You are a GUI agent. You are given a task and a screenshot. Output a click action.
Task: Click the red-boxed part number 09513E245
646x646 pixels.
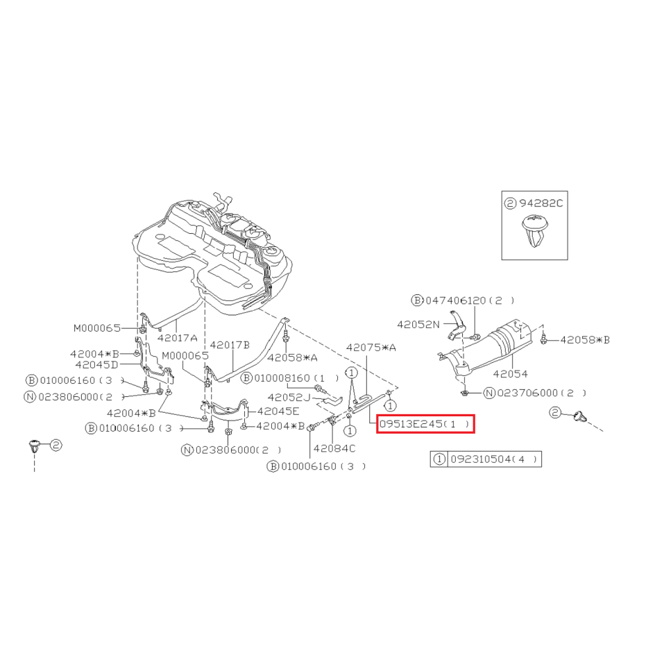click(411, 424)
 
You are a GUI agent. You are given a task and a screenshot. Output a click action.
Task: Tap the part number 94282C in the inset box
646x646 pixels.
click(541, 203)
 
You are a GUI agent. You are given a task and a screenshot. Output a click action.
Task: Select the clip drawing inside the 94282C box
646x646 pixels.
click(535, 231)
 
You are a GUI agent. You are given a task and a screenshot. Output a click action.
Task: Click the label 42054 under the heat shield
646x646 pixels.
click(510, 374)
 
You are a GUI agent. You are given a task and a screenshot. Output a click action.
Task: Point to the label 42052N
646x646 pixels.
click(418, 325)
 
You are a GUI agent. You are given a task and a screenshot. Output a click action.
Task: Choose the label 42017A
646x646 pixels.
click(177, 338)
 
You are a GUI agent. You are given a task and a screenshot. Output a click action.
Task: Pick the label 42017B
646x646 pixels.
click(230, 345)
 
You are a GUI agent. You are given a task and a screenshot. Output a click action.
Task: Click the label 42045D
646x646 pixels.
click(96, 364)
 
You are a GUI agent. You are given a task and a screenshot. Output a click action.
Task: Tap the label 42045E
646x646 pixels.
click(278, 411)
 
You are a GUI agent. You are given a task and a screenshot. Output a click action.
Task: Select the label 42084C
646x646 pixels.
click(334, 448)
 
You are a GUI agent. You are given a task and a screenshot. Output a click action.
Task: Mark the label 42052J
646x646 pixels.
click(289, 398)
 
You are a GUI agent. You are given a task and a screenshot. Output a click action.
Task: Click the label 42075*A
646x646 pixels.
click(371, 348)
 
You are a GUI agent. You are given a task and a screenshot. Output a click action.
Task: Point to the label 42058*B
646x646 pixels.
click(585, 340)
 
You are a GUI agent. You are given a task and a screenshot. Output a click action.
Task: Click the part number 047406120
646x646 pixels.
click(456, 300)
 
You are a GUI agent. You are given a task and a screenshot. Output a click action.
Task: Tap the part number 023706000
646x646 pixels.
click(527, 393)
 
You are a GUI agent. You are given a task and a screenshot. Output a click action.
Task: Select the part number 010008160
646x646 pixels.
click(284, 378)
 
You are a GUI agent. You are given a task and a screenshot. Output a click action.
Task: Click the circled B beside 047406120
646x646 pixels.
click(417, 300)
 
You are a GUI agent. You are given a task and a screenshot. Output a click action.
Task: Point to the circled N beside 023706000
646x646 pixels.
click(489, 393)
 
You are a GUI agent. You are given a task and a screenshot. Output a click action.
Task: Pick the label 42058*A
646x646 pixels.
click(292, 357)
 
